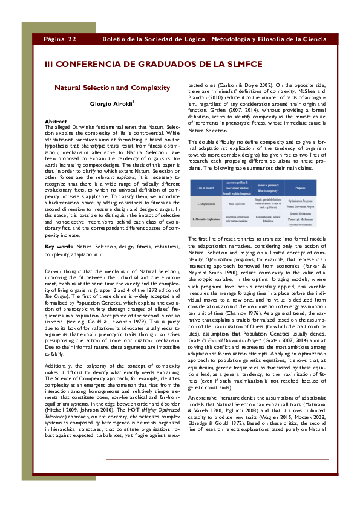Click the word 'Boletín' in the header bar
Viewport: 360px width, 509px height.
pos(115,39)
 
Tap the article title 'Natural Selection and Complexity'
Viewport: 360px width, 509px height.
pos(113,88)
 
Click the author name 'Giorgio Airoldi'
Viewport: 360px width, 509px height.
pos(111,104)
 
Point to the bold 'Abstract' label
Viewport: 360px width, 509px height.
pos(56,122)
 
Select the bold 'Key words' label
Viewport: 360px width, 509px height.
pos(59,247)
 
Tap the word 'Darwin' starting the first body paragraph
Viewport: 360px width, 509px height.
pos(54,273)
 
